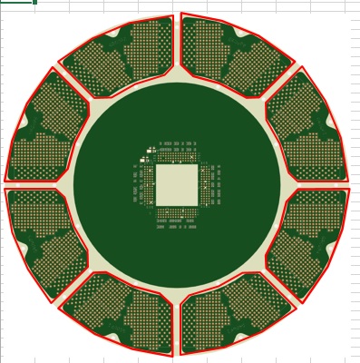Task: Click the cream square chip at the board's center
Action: [x=177, y=184]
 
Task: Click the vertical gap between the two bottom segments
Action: [x=177, y=323]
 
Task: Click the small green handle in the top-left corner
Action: [x=34, y=2]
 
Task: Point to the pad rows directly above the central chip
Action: [x=177, y=149]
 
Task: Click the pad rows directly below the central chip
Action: [x=177, y=218]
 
